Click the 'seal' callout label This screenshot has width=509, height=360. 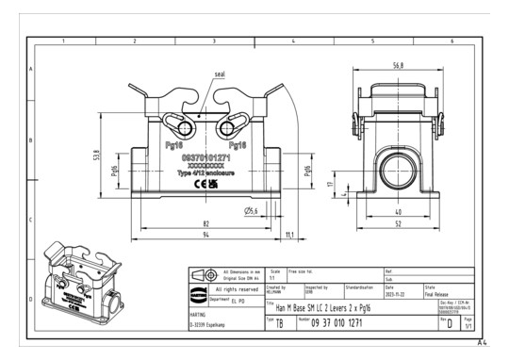click(220, 74)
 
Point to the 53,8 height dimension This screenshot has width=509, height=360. click(94, 155)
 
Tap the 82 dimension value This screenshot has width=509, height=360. click(205, 223)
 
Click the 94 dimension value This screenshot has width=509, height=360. click(205, 236)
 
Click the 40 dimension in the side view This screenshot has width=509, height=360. click(399, 213)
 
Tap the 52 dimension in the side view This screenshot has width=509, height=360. click(399, 225)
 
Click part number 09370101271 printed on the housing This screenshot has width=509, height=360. click(205, 157)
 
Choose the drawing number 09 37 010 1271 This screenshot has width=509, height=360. click(349, 322)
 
